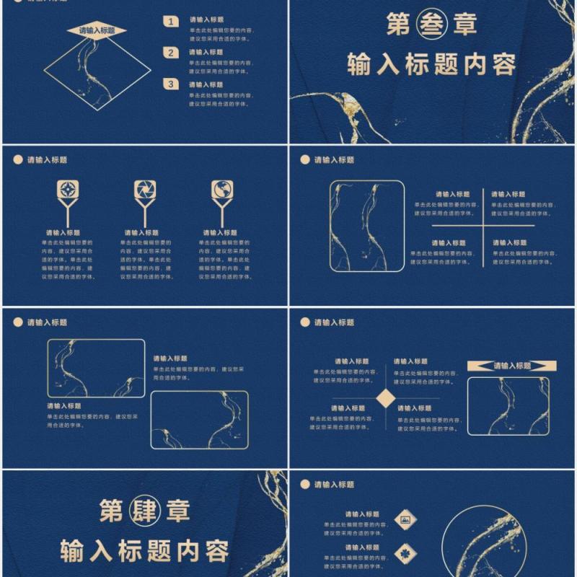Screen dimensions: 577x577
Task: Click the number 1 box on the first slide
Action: pos(171,22)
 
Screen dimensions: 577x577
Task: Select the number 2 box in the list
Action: pos(171,53)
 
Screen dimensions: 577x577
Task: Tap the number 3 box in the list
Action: pos(171,84)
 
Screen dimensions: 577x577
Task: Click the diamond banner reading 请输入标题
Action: pos(97,30)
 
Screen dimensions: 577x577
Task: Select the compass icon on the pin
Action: pos(69,190)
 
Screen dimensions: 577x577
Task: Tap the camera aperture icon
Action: pos(144,190)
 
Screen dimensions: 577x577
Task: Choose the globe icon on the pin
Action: pos(222,190)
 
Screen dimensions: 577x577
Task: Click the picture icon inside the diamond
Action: pos(404,517)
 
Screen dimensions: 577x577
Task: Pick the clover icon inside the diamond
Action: pos(404,550)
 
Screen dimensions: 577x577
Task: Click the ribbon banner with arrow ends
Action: pos(511,366)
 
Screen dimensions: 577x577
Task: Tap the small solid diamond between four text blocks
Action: pos(387,398)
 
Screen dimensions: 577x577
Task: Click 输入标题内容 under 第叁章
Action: pos(431,64)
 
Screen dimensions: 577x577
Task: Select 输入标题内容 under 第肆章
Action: pos(144,550)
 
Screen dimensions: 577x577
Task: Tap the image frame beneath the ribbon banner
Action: pos(508,406)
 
